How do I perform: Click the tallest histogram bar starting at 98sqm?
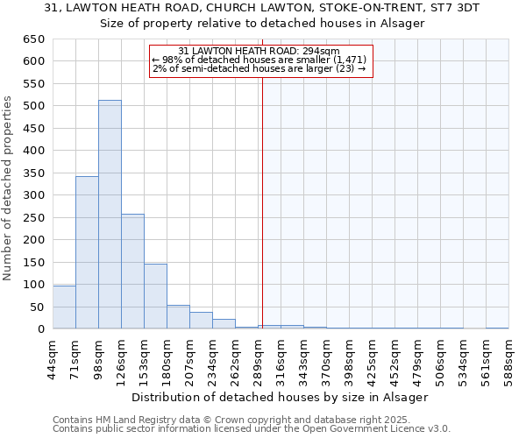[110, 215]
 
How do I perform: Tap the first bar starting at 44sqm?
[64, 307]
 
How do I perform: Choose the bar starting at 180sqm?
[178, 317]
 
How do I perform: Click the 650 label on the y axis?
[33, 39]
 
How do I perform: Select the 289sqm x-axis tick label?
[259, 357]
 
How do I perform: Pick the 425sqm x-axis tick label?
[373, 357]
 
